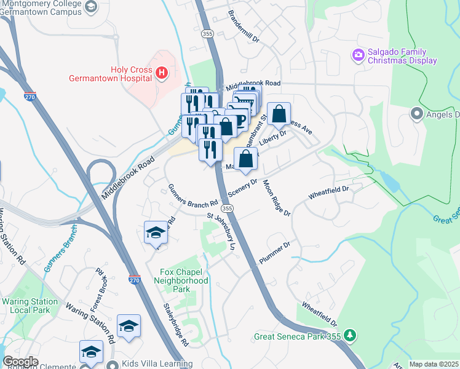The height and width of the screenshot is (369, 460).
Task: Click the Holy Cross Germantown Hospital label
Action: click(132, 74)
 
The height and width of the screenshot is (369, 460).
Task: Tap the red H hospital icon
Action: click(162, 74)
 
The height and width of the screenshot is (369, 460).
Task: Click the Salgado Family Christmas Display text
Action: click(402, 57)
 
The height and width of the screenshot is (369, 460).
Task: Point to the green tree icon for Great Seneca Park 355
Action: click(350, 336)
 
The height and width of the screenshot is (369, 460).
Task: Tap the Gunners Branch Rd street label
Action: click(193, 196)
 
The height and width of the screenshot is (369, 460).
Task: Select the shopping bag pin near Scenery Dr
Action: click(245, 159)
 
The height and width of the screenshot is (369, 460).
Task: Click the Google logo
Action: click(20, 362)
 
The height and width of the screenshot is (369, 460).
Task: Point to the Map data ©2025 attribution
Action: click(434, 364)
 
